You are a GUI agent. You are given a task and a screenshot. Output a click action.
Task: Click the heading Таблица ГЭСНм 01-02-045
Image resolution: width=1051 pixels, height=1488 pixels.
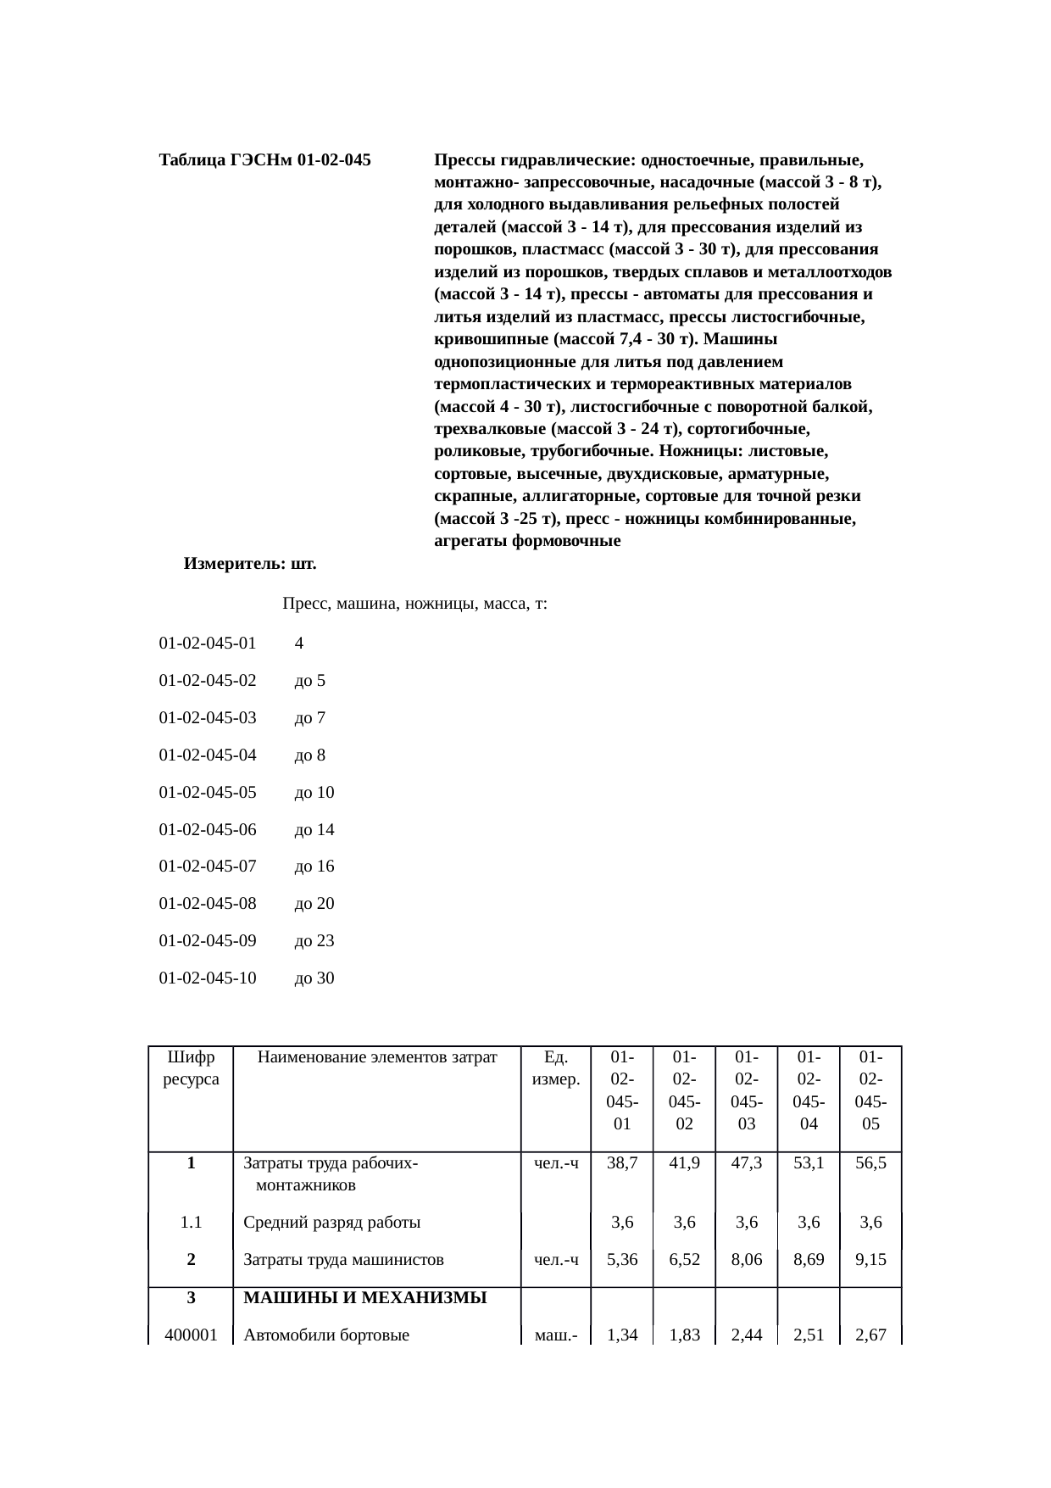(264, 159)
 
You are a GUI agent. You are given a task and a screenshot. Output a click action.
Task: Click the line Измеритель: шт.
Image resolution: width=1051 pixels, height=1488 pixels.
(250, 563)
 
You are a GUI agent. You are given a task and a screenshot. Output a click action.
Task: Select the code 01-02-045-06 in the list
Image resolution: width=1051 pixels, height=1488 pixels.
(208, 830)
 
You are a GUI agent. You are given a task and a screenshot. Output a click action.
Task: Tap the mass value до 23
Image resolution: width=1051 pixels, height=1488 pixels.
(314, 941)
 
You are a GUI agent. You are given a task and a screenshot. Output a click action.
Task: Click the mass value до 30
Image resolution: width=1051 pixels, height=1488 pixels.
(314, 978)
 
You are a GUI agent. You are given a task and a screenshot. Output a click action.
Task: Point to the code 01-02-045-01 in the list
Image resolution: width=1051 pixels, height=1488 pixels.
(208, 644)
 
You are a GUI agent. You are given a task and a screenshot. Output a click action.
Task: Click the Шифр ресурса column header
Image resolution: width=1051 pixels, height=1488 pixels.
(191, 1068)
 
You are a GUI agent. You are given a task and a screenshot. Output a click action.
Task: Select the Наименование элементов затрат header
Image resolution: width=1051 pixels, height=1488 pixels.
(377, 1057)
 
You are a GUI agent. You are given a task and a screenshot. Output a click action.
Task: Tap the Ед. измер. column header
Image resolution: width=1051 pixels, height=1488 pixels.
(555, 1068)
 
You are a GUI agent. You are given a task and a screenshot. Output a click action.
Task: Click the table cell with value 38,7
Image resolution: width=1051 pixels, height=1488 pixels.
(622, 1163)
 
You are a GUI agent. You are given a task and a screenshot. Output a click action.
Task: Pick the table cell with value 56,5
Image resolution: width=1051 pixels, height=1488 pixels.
(870, 1163)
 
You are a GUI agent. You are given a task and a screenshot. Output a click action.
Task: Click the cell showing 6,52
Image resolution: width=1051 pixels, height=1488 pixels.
(684, 1260)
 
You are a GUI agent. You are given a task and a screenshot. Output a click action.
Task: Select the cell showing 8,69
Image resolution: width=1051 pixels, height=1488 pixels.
(809, 1260)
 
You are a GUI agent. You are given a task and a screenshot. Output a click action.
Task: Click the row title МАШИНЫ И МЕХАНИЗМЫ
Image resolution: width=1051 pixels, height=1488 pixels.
(365, 1297)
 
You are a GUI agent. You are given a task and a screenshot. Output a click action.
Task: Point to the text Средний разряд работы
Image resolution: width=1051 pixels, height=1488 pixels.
(332, 1223)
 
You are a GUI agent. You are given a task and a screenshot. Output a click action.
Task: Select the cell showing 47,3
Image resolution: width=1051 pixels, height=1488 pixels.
(746, 1163)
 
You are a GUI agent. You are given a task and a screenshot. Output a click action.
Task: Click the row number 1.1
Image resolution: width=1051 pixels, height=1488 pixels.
(191, 1223)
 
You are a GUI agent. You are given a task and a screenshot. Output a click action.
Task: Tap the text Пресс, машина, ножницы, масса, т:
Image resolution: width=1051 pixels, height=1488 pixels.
(414, 605)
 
